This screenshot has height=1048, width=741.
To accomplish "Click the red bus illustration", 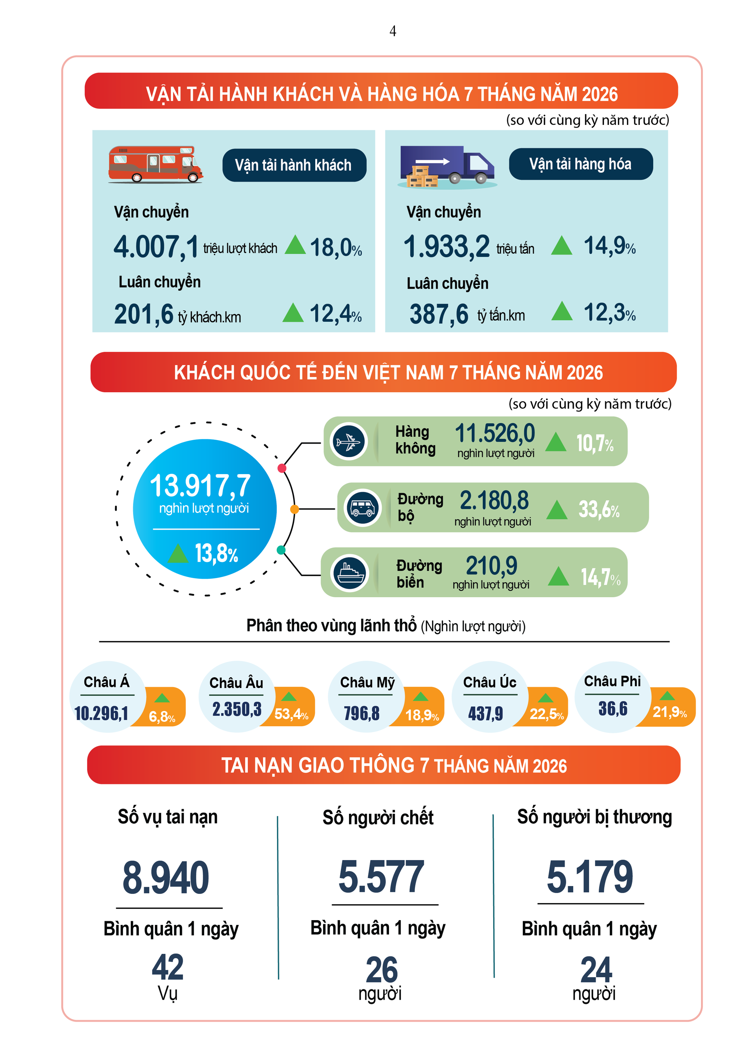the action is [x=155, y=164].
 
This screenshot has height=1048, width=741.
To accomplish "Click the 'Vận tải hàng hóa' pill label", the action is [x=581, y=164].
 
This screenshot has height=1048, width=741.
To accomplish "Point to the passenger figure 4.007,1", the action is [x=156, y=247].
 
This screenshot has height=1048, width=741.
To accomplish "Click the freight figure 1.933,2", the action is [x=447, y=247].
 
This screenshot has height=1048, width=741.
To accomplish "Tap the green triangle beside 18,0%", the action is [x=295, y=245].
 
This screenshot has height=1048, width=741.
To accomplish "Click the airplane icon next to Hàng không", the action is [x=349, y=442].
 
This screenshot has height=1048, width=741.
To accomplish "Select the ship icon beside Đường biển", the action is [x=350, y=572].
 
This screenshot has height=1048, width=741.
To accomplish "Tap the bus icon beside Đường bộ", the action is [x=363, y=508].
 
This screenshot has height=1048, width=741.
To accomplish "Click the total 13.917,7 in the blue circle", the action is [x=200, y=485].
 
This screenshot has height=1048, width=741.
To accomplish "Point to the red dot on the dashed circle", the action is [x=282, y=468].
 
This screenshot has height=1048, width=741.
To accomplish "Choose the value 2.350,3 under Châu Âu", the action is [x=237, y=709].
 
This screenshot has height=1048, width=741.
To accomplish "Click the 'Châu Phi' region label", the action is [x=612, y=681].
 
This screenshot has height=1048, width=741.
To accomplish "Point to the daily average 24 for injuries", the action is [x=596, y=970].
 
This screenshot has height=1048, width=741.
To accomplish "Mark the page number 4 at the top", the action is [x=393, y=31].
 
